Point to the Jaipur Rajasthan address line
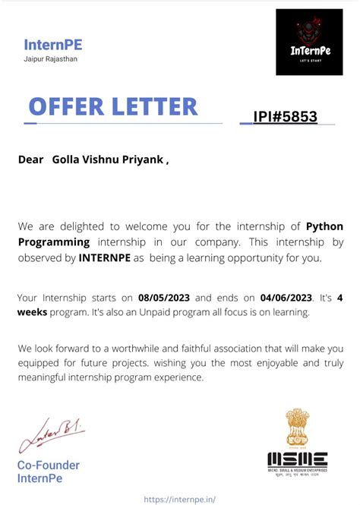coord(51,59)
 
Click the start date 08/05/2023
coord(163,297)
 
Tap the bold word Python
coord(324,226)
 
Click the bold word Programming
coord(53,241)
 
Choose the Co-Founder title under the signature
coord(49,465)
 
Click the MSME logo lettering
coord(297,460)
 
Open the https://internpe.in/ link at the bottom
coord(179,499)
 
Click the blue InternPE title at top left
coord(53,45)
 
